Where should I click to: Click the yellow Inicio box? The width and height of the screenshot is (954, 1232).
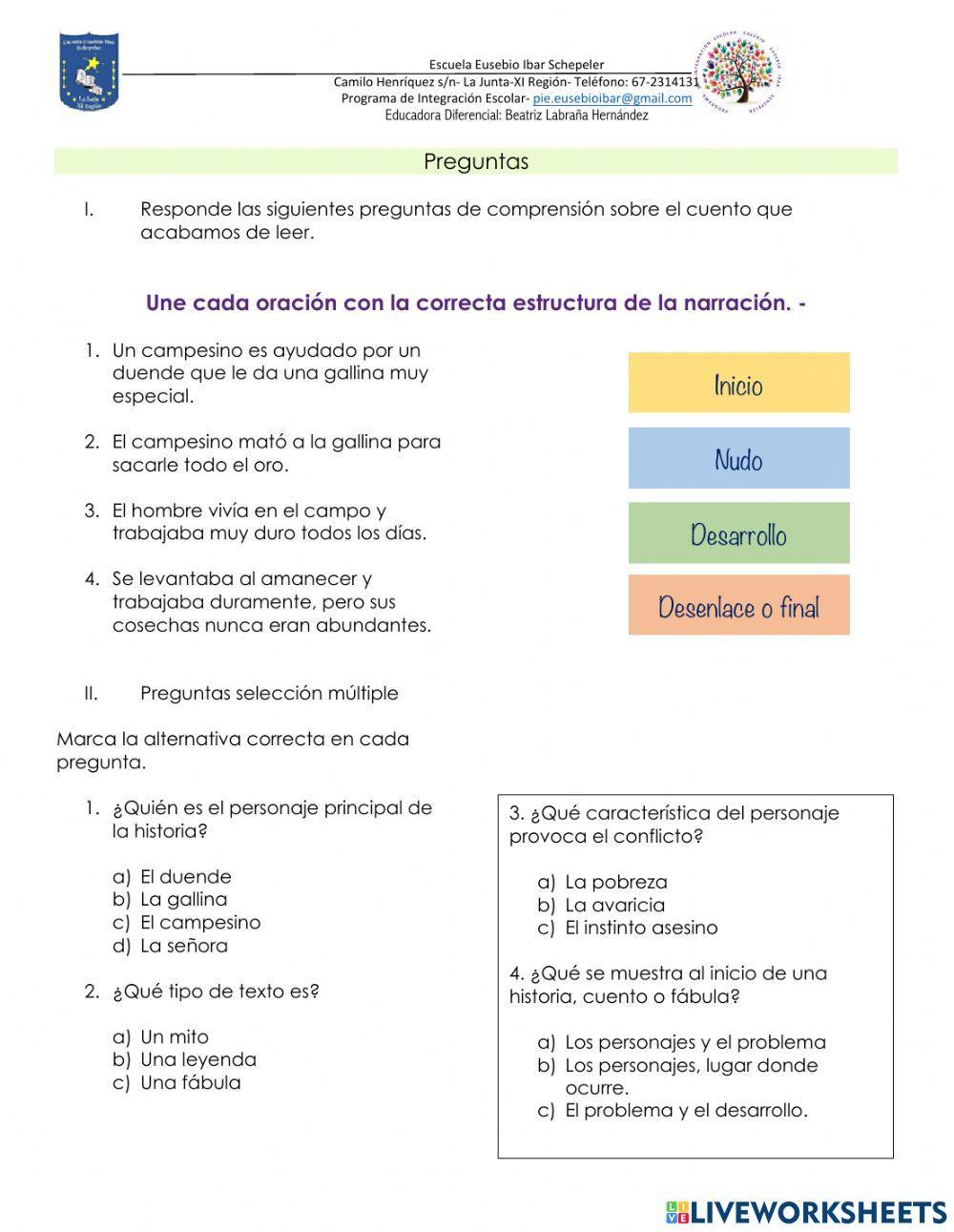738,383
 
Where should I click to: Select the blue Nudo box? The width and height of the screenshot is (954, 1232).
738,458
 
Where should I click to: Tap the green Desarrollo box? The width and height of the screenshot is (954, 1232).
738,532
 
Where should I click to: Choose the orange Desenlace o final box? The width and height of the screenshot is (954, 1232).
738,605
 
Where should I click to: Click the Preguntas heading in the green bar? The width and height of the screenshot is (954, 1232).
475,161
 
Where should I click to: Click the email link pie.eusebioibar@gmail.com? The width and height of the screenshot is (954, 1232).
612,98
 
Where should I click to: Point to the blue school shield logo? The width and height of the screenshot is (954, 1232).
89,73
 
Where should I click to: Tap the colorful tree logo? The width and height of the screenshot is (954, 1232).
740,73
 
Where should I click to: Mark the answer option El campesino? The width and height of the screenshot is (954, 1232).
199,923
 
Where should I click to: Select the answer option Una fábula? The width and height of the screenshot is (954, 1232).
190,1083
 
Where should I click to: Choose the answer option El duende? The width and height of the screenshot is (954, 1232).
185,877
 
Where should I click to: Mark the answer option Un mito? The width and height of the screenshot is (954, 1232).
174,1037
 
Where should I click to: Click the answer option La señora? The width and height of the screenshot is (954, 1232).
183,947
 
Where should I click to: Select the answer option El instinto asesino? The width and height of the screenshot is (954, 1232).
640,929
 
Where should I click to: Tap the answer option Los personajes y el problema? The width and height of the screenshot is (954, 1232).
695,1043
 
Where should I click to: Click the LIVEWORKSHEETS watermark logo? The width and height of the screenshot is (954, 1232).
805,1211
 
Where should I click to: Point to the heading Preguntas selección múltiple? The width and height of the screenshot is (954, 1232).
269,694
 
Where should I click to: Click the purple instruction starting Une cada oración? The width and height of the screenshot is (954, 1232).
476,303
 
